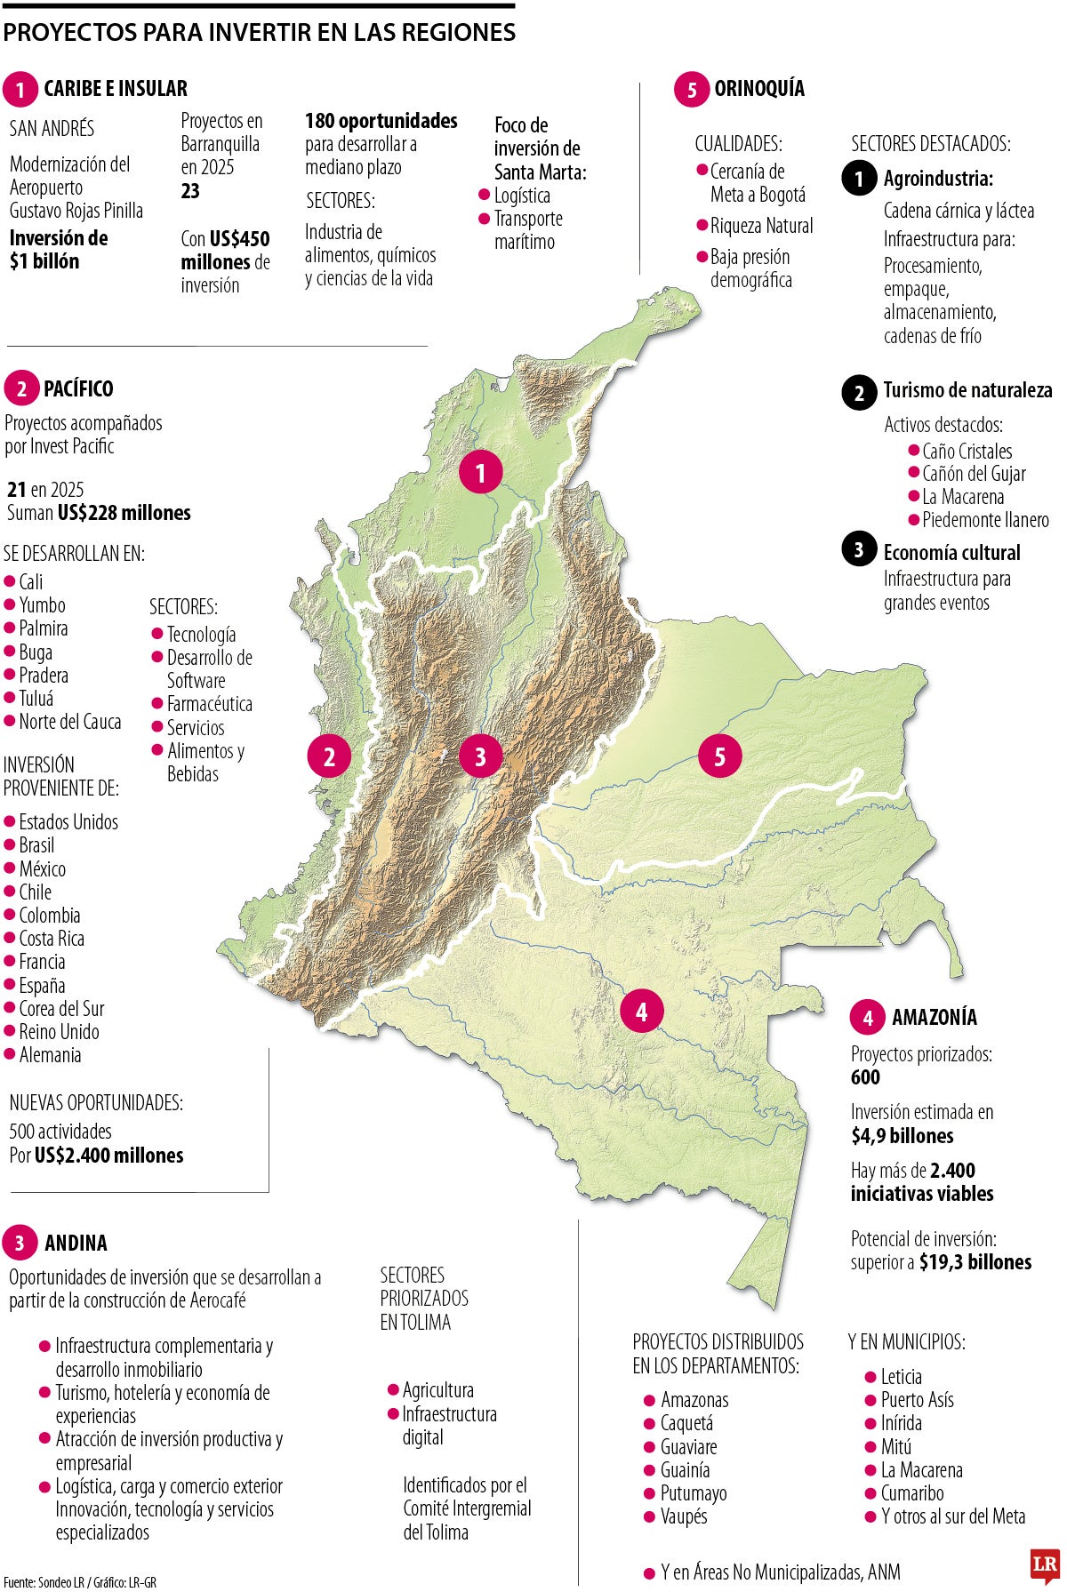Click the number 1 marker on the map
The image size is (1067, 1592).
481,472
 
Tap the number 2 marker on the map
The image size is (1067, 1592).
329,756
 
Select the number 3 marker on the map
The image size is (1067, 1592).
480,756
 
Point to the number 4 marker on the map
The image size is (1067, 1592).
641,1011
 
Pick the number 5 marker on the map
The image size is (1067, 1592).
719,756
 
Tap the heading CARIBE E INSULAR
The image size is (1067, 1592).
116,89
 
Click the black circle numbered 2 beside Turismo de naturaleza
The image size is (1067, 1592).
859,393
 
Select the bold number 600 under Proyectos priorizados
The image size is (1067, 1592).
865,1077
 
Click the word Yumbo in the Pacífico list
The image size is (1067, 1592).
42,605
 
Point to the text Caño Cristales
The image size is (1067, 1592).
967,452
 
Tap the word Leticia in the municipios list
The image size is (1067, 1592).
901,1377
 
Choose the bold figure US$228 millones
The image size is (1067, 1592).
124,513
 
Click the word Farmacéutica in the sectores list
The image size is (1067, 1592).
210,704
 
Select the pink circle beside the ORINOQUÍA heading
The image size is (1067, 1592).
692,89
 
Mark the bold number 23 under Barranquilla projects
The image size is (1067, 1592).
190,191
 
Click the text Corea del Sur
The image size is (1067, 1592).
61,1009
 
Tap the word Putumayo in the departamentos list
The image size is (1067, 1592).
694,1493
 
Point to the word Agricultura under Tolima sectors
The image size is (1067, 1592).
438,1390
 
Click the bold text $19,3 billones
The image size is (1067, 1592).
975,1262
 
